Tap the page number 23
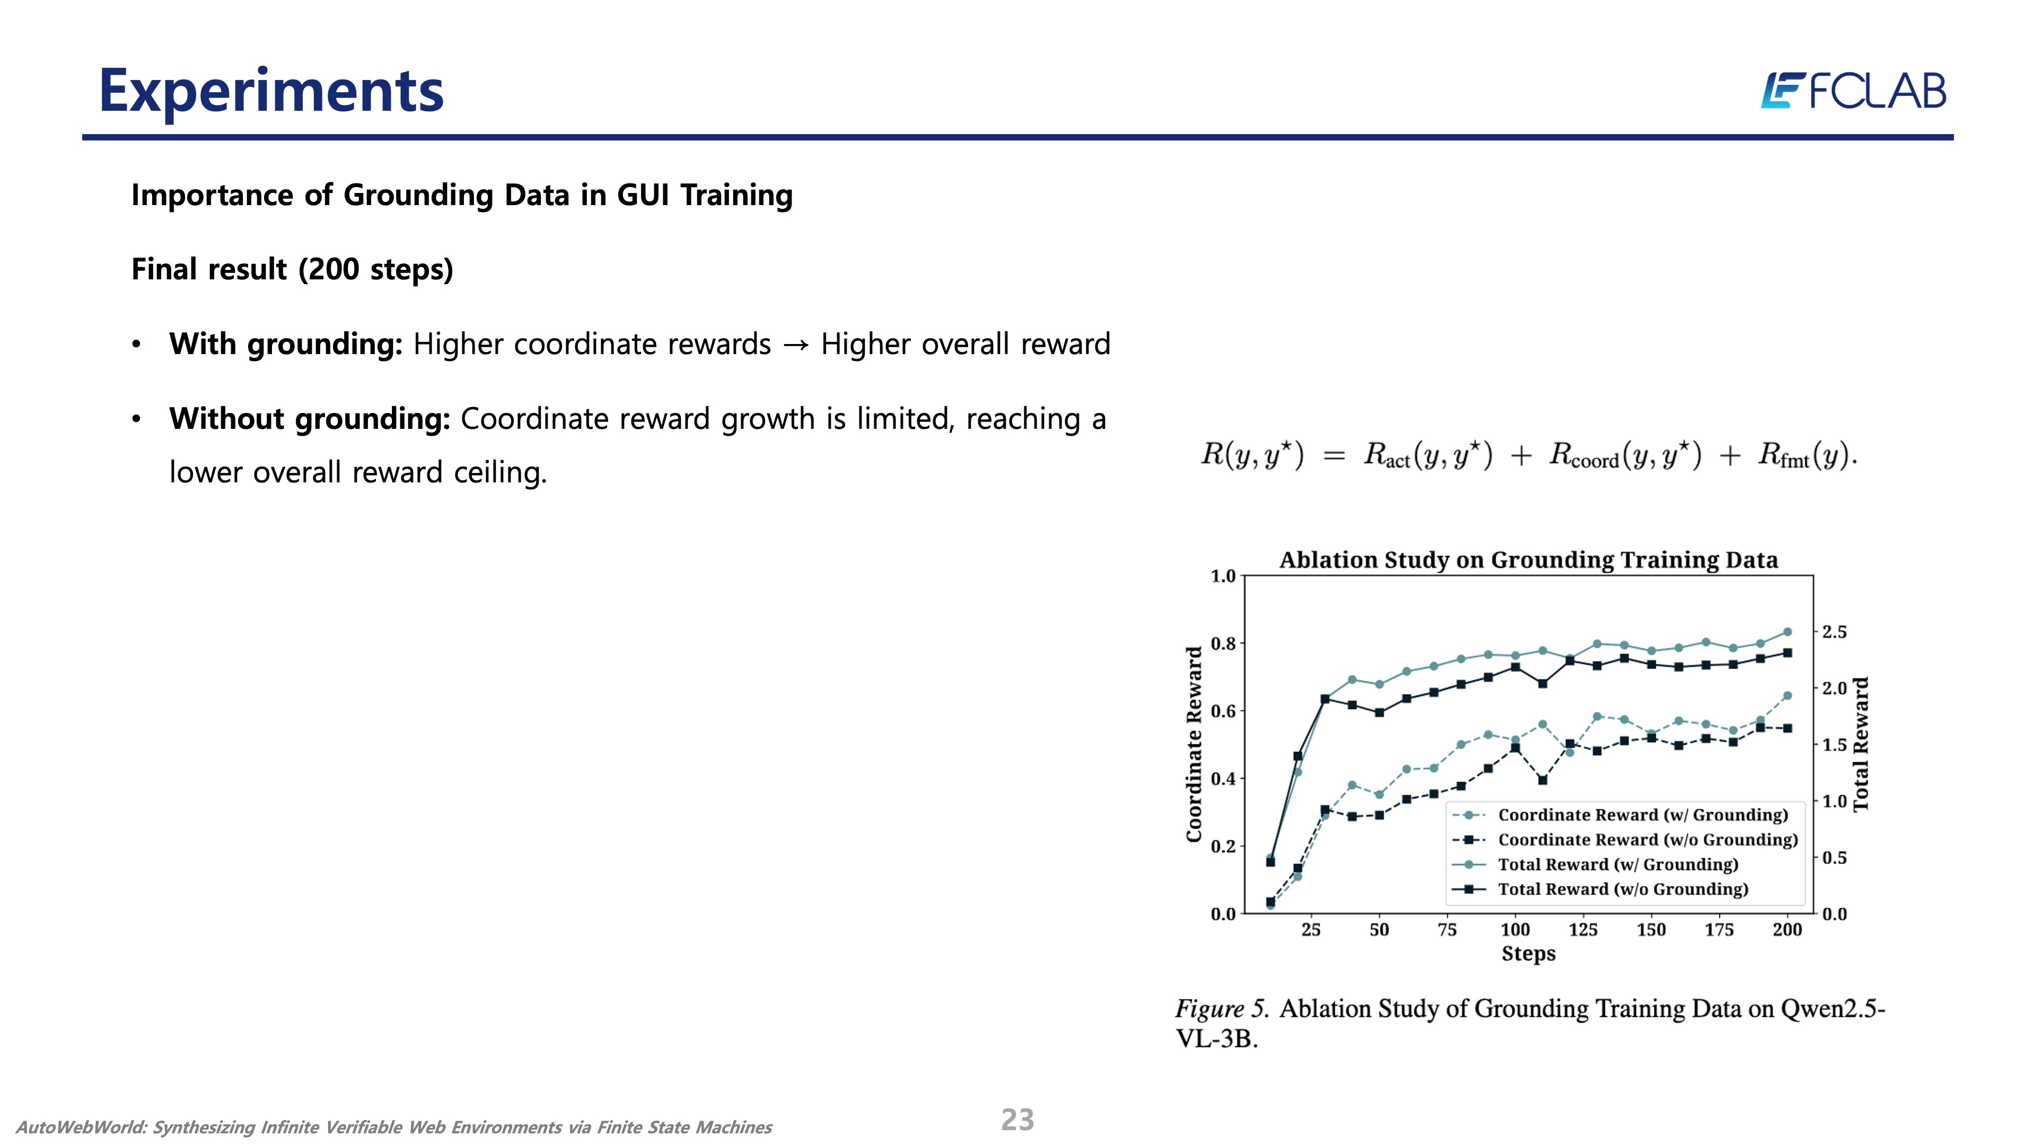click(1017, 1120)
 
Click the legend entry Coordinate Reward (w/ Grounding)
click(1643, 815)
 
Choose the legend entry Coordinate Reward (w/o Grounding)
click(1648, 839)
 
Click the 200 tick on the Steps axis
click(1787, 930)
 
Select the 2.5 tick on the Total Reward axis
click(1835, 632)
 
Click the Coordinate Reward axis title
click(1193, 744)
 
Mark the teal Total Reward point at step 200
click(1787, 632)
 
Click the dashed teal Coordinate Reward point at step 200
click(1787, 696)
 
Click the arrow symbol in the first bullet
click(796, 345)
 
